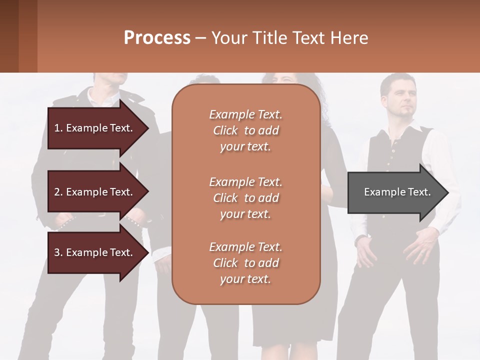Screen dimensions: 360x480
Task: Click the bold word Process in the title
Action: [x=157, y=38]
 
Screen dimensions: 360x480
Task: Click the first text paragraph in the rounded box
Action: [x=245, y=130]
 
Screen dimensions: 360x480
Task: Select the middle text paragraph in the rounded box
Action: [x=245, y=198]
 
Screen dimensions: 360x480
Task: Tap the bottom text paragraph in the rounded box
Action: [x=245, y=263]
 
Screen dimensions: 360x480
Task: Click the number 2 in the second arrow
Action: [x=57, y=192]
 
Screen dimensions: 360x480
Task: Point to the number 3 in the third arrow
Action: [x=57, y=252]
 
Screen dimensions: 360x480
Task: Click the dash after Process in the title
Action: [x=200, y=38]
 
